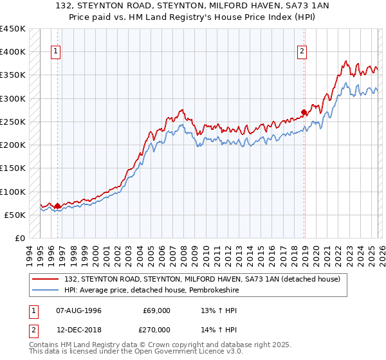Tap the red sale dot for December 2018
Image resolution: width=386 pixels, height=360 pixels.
[304, 111]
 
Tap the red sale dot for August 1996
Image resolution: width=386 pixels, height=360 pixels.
[57, 206]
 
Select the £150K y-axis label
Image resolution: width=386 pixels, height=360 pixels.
[12, 168]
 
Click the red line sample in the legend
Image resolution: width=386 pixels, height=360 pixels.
[46, 278]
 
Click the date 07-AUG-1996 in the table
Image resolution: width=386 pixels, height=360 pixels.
[79, 310]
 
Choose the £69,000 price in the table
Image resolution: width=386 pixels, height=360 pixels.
[156, 310]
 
